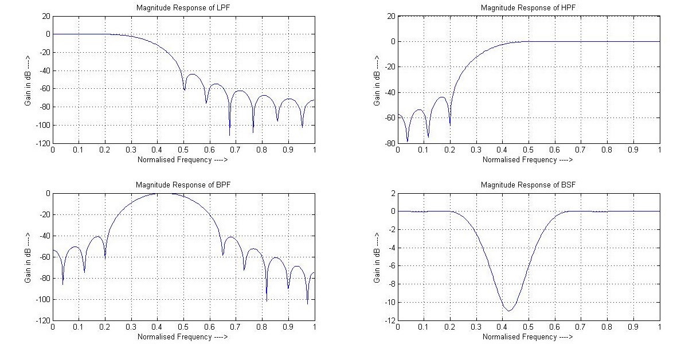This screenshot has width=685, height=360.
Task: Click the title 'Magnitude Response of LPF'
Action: pos(183,8)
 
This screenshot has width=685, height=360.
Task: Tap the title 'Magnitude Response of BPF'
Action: pos(183,185)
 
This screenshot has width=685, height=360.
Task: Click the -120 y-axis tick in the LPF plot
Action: pos(43,143)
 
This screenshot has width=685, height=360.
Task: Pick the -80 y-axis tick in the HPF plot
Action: pos(389,143)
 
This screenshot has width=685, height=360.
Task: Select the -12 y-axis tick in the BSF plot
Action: pos(389,320)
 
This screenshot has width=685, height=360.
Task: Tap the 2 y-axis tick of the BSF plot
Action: pos(392,193)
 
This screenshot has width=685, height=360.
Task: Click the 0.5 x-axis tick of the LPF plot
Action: pos(183,150)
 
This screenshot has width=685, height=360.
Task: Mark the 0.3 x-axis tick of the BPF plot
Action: pos(131,327)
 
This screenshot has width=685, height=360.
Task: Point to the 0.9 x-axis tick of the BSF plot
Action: pos(633,327)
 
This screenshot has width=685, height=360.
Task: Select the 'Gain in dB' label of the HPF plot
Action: pos(377,80)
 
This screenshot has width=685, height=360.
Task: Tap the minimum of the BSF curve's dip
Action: pos(508,311)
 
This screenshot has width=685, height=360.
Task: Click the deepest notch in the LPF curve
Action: pos(230,135)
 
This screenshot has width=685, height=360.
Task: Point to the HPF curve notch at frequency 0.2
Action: pos(450,124)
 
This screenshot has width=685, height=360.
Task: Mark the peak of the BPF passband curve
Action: pos(163,194)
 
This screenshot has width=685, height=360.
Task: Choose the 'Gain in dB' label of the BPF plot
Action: pos(28,257)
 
